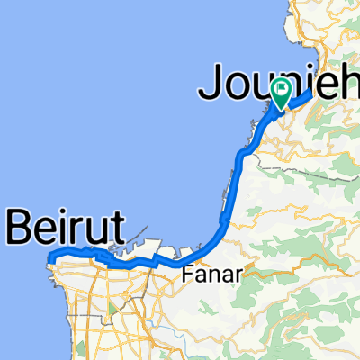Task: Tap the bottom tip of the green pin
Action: pyautogui.click(x=281, y=109)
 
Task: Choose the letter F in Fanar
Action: pyautogui.click(x=187, y=275)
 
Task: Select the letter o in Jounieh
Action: pyautogui.click(x=236, y=86)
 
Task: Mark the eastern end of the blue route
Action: pyautogui.click(x=310, y=92)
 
